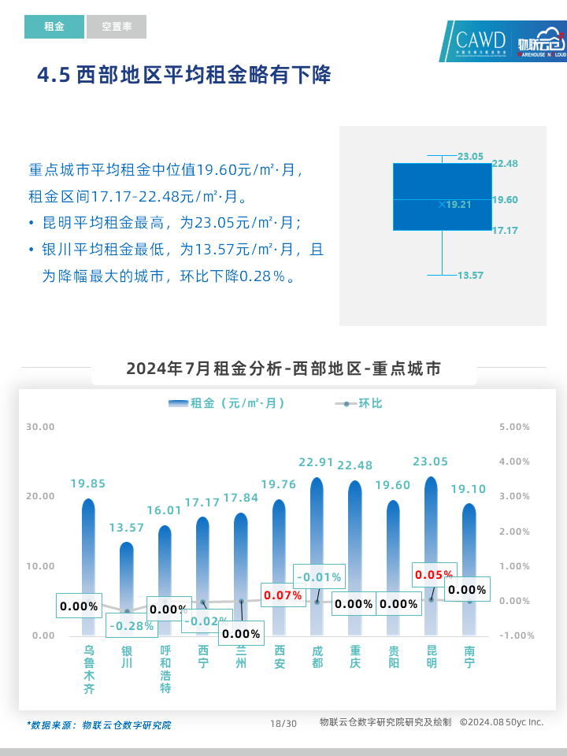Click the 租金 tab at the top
click(54, 27)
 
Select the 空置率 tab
click(117, 27)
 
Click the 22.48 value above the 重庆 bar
click(355, 465)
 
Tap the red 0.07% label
click(283, 595)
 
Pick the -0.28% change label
click(131, 625)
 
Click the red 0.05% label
click(434, 574)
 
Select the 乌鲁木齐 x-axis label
click(89, 670)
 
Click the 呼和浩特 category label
click(165, 670)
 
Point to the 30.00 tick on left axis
click(40, 427)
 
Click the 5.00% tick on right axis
click(515, 427)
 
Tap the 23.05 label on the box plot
click(470, 156)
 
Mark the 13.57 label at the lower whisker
click(470, 275)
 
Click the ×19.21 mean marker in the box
click(454, 204)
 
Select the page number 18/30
click(283, 723)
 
